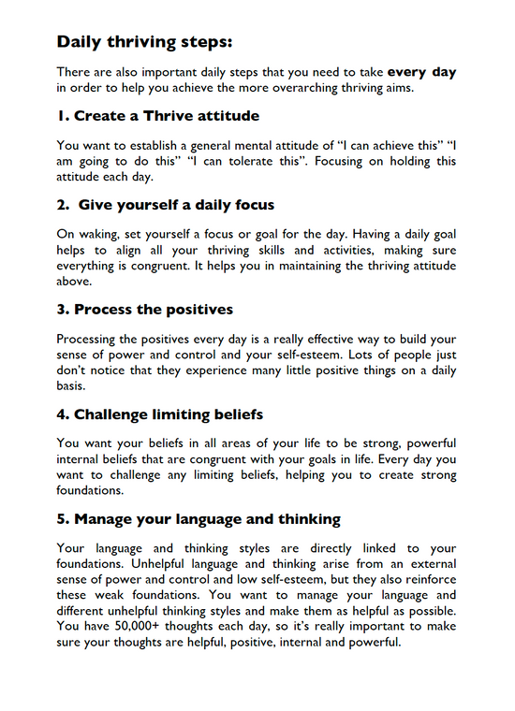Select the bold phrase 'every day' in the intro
pos(422,71)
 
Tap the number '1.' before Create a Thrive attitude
pos(63,116)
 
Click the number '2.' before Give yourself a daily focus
pos(63,204)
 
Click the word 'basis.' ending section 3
pos(73,385)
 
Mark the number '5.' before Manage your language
pos(63,517)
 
